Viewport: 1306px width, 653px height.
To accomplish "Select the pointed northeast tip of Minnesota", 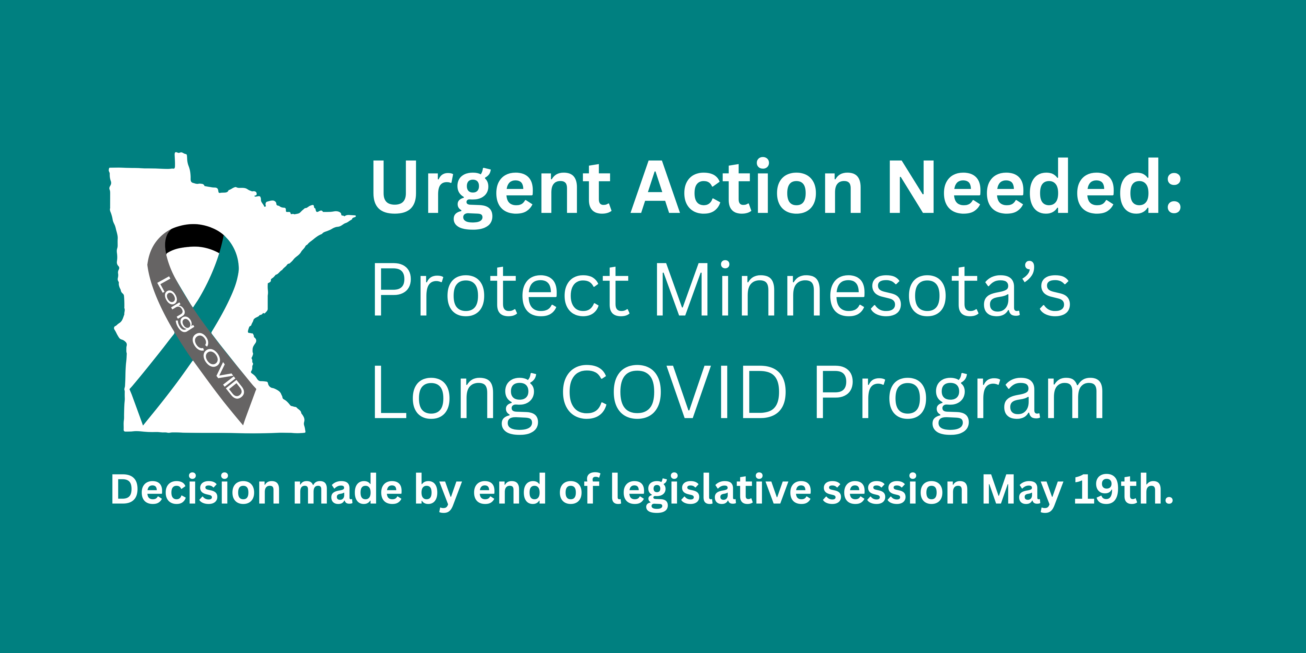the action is tap(355, 217).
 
